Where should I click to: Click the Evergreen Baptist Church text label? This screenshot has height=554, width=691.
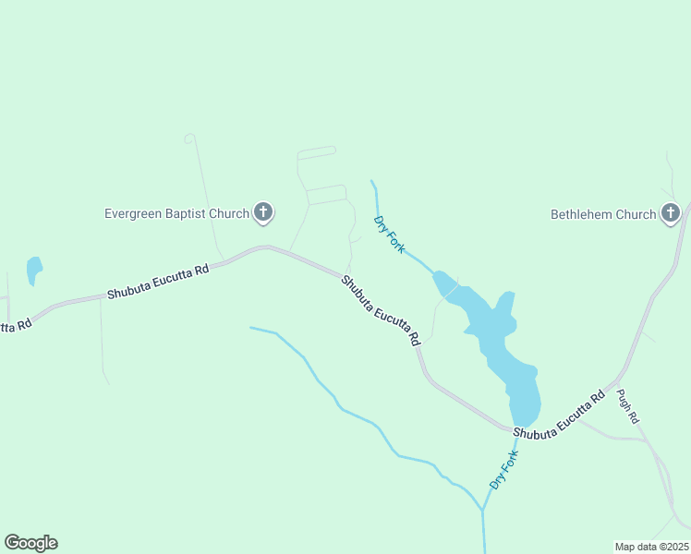click(x=176, y=213)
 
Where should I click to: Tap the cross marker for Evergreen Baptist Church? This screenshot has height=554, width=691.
click(x=263, y=213)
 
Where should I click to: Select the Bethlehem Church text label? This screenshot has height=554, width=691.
click(x=603, y=214)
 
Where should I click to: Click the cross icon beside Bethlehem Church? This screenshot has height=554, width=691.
click(x=671, y=214)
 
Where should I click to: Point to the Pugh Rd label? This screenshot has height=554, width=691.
click(x=628, y=405)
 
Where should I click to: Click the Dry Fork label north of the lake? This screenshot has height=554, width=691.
click(x=389, y=235)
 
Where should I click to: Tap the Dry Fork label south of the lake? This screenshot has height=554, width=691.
click(x=504, y=469)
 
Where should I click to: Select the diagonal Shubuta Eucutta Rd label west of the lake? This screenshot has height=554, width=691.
click(x=381, y=310)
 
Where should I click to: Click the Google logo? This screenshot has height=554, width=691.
click(x=30, y=543)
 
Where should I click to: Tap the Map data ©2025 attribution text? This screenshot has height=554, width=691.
click(x=651, y=546)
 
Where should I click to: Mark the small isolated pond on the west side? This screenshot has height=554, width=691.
click(x=34, y=270)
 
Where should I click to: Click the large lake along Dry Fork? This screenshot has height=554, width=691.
click(x=499, y=342)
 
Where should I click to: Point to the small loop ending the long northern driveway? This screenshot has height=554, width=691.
click(x=189, y=138)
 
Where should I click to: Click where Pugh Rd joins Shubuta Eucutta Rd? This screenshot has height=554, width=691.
click(x=614, y=382)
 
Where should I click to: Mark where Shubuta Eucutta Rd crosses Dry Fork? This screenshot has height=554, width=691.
click(x=514, y=428)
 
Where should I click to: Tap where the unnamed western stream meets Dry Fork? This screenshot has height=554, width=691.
click(x=482, y=509)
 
